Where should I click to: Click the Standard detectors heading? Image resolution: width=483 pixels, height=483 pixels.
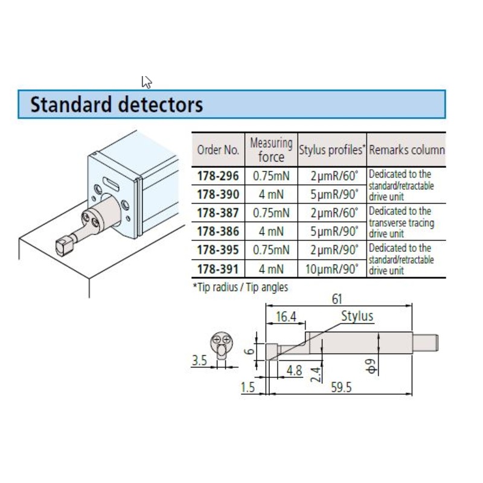(x=117, y=104)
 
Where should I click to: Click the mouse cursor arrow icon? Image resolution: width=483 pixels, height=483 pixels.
(x=147, y=82)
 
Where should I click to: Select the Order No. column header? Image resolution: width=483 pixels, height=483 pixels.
(x=218, y=150)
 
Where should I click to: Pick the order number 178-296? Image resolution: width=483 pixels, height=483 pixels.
(x=218, y=176)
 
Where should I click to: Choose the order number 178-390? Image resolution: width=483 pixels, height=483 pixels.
(x=218, y=194)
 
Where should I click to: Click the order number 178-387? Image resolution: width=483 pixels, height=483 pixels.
(x=218, y=213)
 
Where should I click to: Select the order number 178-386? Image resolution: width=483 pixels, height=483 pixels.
(x=218, y=231)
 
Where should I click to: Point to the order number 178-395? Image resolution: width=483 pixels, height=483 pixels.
(x=218, y=249)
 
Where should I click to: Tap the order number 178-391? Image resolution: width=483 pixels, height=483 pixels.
(x=218, y=267)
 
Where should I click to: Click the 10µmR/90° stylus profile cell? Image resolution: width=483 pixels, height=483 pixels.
(x=332, y=267)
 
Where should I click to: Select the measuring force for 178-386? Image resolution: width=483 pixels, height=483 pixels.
(x=270, y=231)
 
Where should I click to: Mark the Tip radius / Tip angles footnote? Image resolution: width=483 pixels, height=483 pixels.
(x=240, y=287)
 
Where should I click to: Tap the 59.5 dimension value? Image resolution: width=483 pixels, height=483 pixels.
(x=341, y=388)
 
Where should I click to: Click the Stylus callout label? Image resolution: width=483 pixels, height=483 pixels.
(x=357, y=316)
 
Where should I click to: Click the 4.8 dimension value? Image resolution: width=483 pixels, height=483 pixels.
(x=295, y=369)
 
